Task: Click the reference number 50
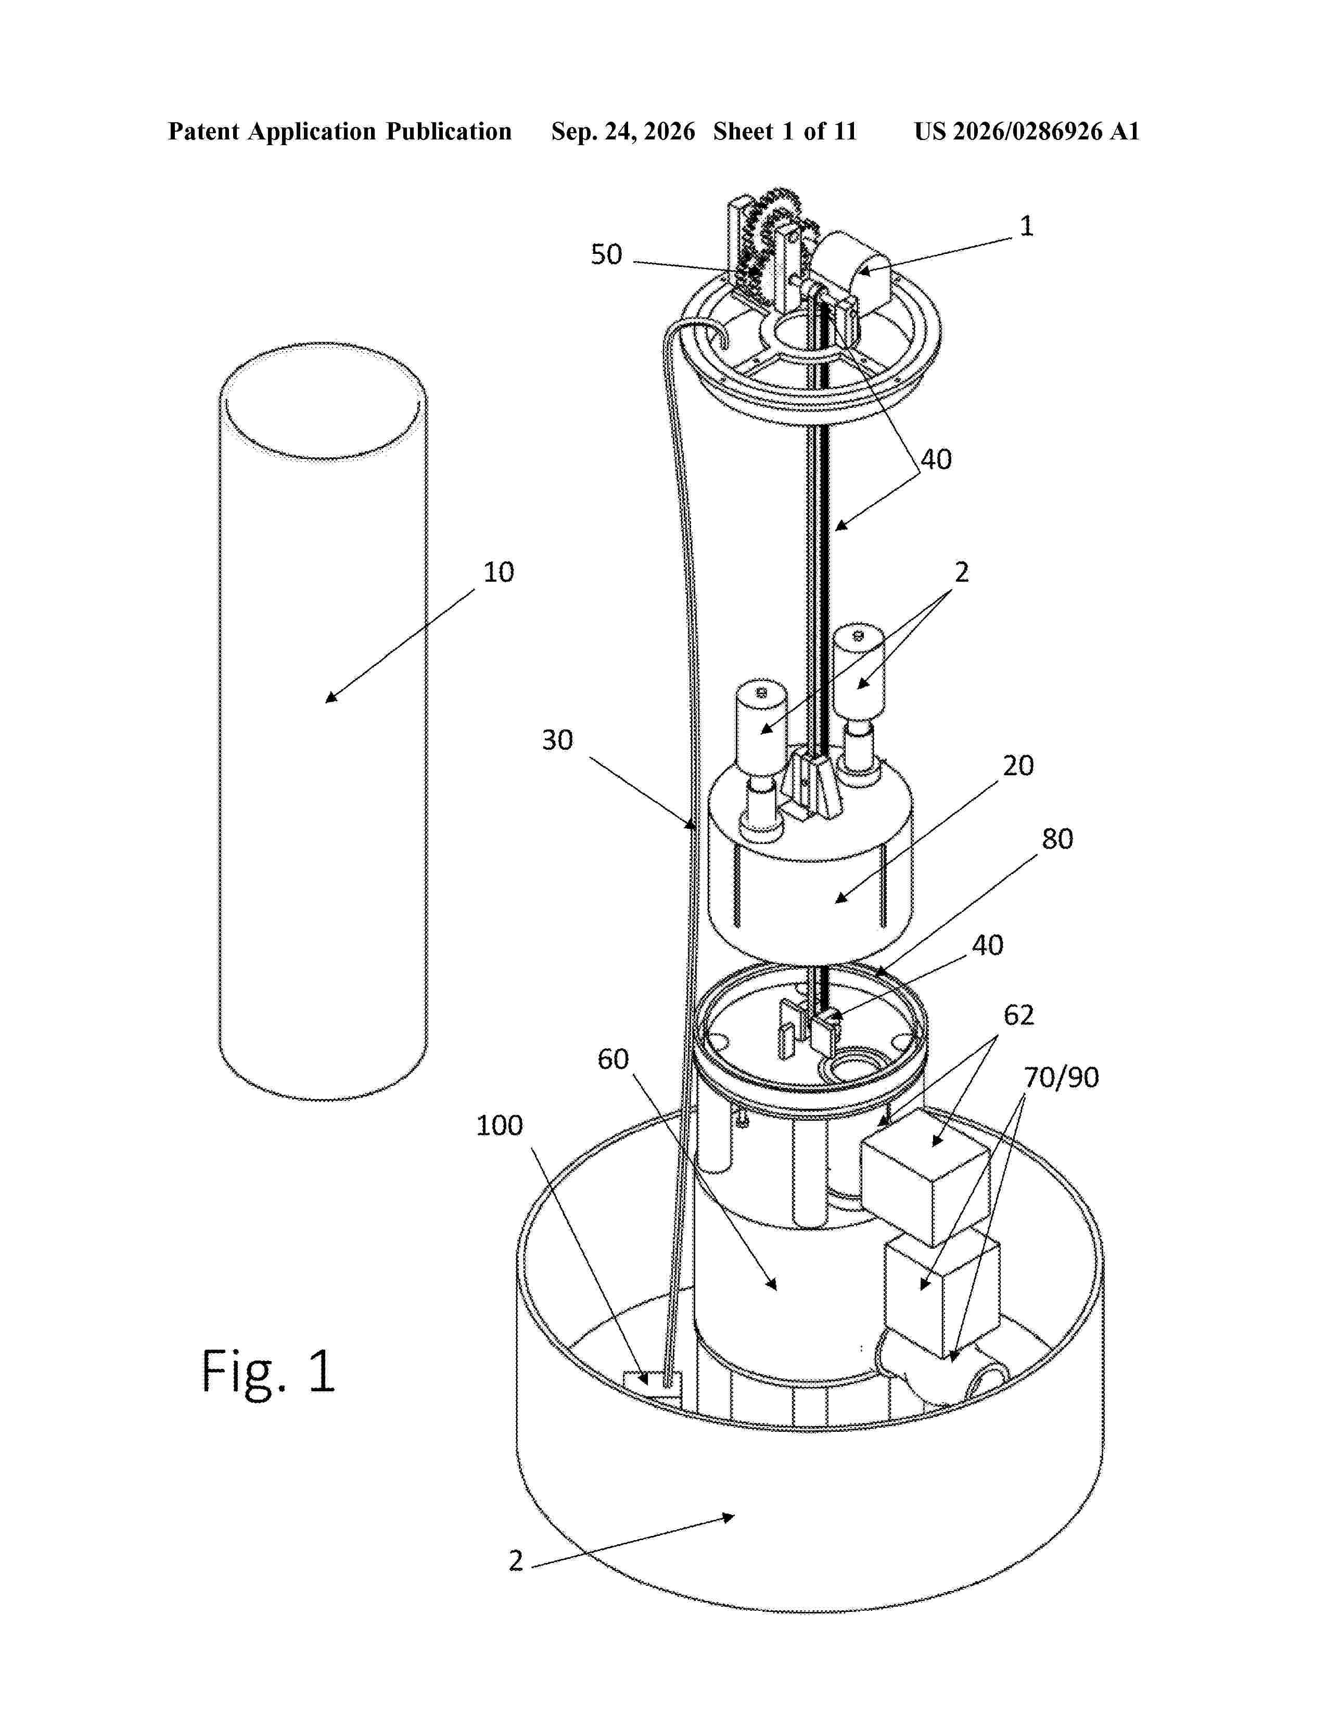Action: [606, 255]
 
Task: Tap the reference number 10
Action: [499, 572]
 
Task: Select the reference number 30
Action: [557, 740]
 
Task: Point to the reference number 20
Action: [1018, 766]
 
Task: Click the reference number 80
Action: [1057, 839]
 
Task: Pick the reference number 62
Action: [1019, 1015]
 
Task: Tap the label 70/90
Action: [1061, 1077]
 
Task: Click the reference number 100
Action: [499, 1126]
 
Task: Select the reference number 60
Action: [613, 1059]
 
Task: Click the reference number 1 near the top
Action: [1026, 226]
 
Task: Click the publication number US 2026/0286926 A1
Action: [1027, 131]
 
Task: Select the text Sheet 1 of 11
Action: [785, 131]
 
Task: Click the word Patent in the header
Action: [205, 131]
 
